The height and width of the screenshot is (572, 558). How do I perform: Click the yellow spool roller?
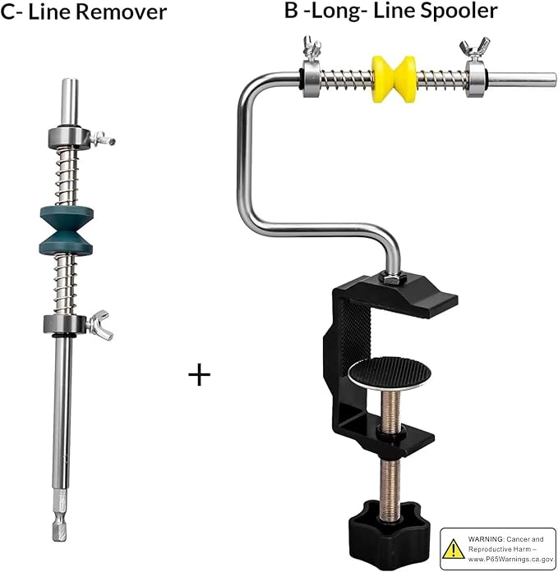[394, 79]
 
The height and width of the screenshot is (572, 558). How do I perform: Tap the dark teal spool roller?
[66, 231]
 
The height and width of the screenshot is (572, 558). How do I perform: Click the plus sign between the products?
[200, 375]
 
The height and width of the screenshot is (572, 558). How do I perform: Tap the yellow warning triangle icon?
[453, 549]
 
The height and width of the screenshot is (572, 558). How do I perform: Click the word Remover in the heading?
[122, 11]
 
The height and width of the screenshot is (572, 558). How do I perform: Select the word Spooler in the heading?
[459, 10]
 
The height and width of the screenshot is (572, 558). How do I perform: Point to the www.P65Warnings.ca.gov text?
[511, 559]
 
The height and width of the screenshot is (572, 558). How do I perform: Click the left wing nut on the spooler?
[311, 48]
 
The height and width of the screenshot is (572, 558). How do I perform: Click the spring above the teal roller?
[67, 177]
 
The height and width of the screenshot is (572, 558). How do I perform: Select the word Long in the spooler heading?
[339, 11]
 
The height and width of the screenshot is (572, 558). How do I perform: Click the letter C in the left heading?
[7, 11]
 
